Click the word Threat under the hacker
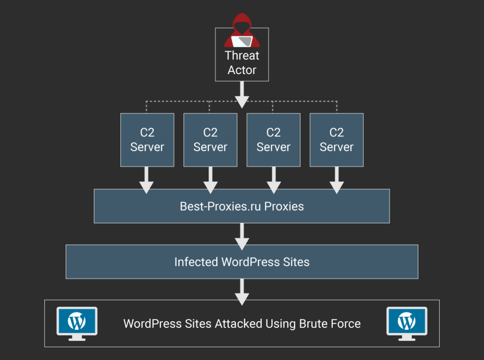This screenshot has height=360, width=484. (x=242, y=56)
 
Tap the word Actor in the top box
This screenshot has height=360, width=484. (x=242, y=70)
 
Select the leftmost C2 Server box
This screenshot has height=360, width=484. (x=147, y=140)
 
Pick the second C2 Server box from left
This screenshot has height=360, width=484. (x=210, y=140)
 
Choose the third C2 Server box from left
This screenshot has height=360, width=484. (x=273, y=140)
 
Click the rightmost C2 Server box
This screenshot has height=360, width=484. (x=337, y=140)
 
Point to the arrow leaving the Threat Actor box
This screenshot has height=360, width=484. (x=242, y=94)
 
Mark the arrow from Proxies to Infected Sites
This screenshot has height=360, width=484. (x=242, y=236)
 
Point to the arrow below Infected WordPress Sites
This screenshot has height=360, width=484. (x=242, y=291)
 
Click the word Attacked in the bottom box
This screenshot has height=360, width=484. (x=239, y=324)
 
